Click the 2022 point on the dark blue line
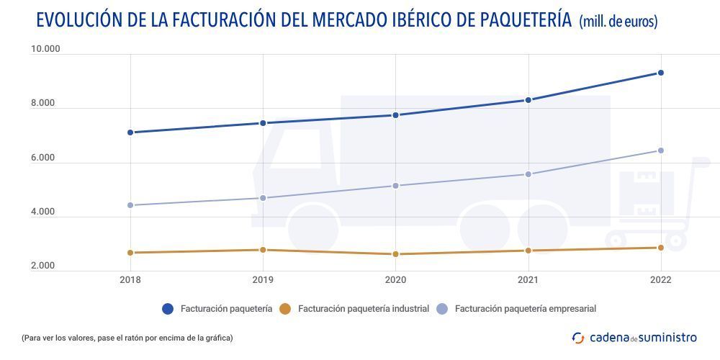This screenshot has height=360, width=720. [x=660, y=73]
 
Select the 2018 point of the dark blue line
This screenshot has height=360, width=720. [x=130, y=132]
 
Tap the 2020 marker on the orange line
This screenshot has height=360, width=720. [x=395, y=254]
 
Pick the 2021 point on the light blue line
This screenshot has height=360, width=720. [x=528, y=174]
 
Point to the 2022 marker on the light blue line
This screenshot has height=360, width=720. [x=660, y=150]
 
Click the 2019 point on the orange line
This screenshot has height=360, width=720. [x=263, y=250]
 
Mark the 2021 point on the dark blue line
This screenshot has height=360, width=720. [x=528, y=100]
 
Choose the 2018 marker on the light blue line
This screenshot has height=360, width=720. [x=130, y=205]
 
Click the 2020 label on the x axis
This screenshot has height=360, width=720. [x=395, y=280]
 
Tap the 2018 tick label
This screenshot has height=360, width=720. [x=130, y=280]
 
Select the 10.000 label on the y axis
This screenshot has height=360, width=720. [x=45, y=49]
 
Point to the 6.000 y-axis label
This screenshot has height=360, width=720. [x=42, y=158]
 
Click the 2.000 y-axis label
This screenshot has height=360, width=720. [x=42, y=266]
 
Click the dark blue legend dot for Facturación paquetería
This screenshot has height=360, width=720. [x=168, y=309]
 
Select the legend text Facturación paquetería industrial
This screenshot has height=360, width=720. [x=364, y=309]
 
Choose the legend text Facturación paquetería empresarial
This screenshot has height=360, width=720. [x=525, y=309]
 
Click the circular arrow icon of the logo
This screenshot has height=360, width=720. [x=578, y=337]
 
